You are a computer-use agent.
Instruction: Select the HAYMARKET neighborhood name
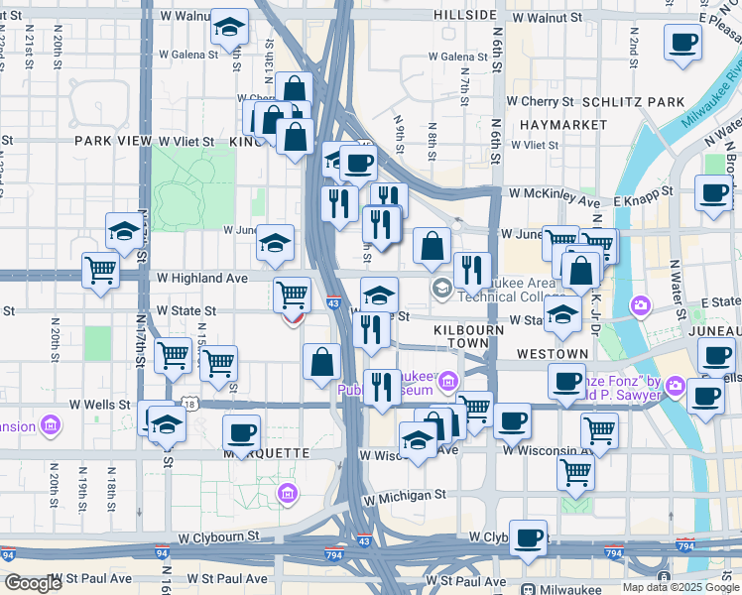point(562,125)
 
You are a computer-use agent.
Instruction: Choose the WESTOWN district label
point(552,354)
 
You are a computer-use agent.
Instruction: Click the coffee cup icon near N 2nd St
point(682,43)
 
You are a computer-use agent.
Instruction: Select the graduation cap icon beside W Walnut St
point(229,29)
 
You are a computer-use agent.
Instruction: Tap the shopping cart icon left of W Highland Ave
point(100,268)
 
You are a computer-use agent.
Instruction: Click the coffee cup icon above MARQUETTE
point(241,432)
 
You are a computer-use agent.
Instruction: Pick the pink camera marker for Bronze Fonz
point(675,385)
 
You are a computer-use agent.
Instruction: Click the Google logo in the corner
point(33,583)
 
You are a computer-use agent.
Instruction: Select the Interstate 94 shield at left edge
point(9,554)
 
